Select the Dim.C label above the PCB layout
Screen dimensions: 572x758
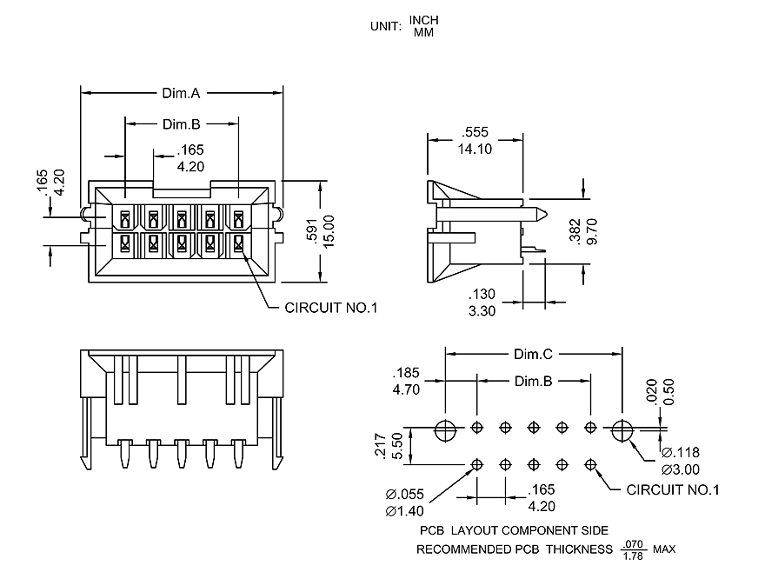pos(534,355)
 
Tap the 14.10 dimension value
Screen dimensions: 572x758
pos(475,149)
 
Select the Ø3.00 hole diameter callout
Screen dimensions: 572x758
pos(681,469)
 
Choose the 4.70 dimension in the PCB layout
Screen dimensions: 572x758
pos(407,390)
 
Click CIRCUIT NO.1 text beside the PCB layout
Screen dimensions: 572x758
pos(673,490)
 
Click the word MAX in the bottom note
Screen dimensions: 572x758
pos(665,549)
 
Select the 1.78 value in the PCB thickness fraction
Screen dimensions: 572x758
pos(634,555)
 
